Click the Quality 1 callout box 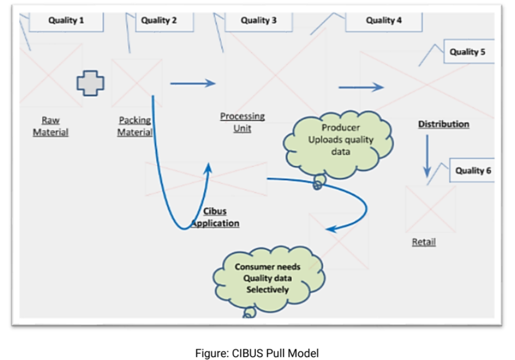pyautogui.click(x=66, y=21)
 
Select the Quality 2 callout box pyautogui.click(x=159, y=21)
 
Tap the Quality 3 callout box pyautogui.click(x=259, y=21)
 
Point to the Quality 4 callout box pyautogui.click(x=383, y=21)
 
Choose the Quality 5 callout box pyautogui.click(x=468, y=52)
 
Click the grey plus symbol pyautogui.click(x=90, y=83)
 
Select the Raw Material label pyautogui.click(x=50, y=127)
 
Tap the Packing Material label pyautogui.click(x=135, y=127)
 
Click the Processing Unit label pyautogui.click(x=242, y=122)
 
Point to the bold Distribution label pyautogui.click(x=443, y=124)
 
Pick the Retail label pyautogui.click(x=424, y=242)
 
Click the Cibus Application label pyautogui.click(x=215, y=218)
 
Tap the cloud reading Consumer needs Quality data pyautogui.click(x=268, y=277)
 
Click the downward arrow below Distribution pyautogui.click(x=427, y=155)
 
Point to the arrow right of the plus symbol pyautogui.click(x=193, y=84)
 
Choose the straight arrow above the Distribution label pyautogui.click(x=361, y=88)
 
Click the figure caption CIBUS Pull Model pyautogui.click(x=257, y=353)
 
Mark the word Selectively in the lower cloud pyautogui.click(x=268, y=289)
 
